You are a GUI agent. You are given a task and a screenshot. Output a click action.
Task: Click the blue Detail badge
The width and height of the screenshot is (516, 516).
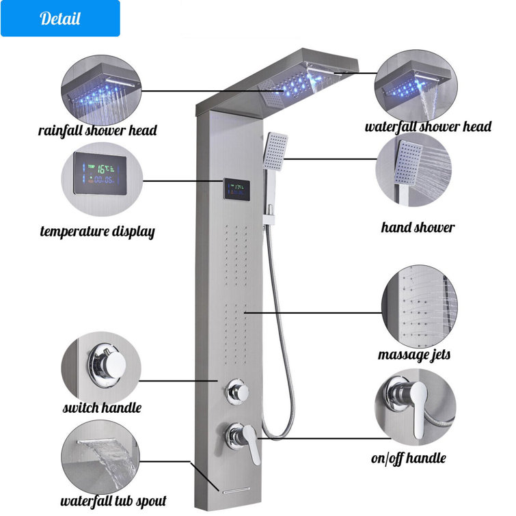click(60, 18)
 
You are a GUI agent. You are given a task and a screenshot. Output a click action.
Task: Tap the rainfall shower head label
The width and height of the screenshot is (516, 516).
click(97, 130)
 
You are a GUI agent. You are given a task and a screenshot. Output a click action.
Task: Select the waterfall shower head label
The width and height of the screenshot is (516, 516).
click(428, 126)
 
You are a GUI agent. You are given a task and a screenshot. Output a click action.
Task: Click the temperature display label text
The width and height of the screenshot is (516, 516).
click(97, 231)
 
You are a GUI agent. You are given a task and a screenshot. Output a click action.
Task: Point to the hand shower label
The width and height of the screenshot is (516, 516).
click(418, 227)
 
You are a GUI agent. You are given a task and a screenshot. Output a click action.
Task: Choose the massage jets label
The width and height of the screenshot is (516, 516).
click(414, 355)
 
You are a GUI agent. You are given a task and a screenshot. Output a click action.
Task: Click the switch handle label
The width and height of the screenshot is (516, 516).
click(102, 408)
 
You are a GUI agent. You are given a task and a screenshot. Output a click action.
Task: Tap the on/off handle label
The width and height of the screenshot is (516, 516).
click(408, 459)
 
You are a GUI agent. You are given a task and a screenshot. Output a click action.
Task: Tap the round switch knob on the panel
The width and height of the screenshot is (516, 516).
click(236, 392)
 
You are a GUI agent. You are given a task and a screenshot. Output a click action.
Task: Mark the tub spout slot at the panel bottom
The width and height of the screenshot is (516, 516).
click(233, 491)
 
